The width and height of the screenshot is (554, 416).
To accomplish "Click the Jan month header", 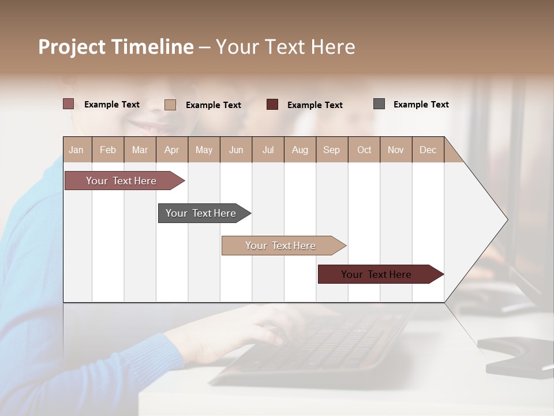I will tap(76, 150).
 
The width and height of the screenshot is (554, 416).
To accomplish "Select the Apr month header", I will tap(171, 150).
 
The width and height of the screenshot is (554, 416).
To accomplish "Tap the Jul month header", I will tap(268, 150).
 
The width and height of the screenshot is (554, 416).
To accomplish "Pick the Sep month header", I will tap(331, 150).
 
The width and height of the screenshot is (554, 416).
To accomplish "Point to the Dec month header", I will tap(428, 150).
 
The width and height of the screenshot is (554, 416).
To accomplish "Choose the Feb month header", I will tap(108, 150).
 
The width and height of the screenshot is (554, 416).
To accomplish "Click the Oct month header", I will tap(364, 150).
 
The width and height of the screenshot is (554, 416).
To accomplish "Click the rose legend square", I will tap(69, 104).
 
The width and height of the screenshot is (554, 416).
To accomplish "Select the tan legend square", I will tap(170, 105).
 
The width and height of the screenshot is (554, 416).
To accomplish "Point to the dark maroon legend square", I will tap(272, 105).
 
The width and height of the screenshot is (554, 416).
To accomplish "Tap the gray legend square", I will tap(379, 104).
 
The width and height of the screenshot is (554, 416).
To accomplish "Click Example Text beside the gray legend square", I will tap(421, 105).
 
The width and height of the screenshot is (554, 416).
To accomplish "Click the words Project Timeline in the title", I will tap(115, 47).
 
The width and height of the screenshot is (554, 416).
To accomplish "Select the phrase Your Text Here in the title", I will tap(285, 47).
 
